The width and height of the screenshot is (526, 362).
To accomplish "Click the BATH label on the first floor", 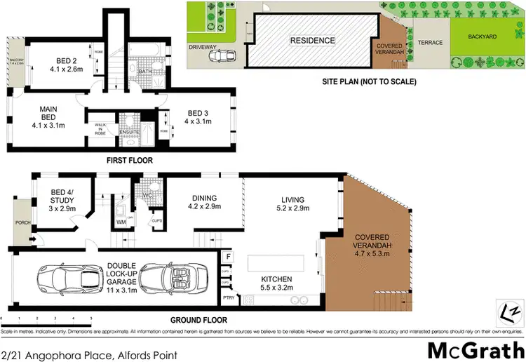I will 145,72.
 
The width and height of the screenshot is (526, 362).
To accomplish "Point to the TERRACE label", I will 430,43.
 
